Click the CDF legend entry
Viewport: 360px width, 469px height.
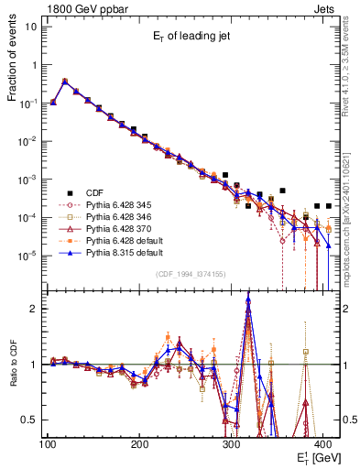click(93, 192)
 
